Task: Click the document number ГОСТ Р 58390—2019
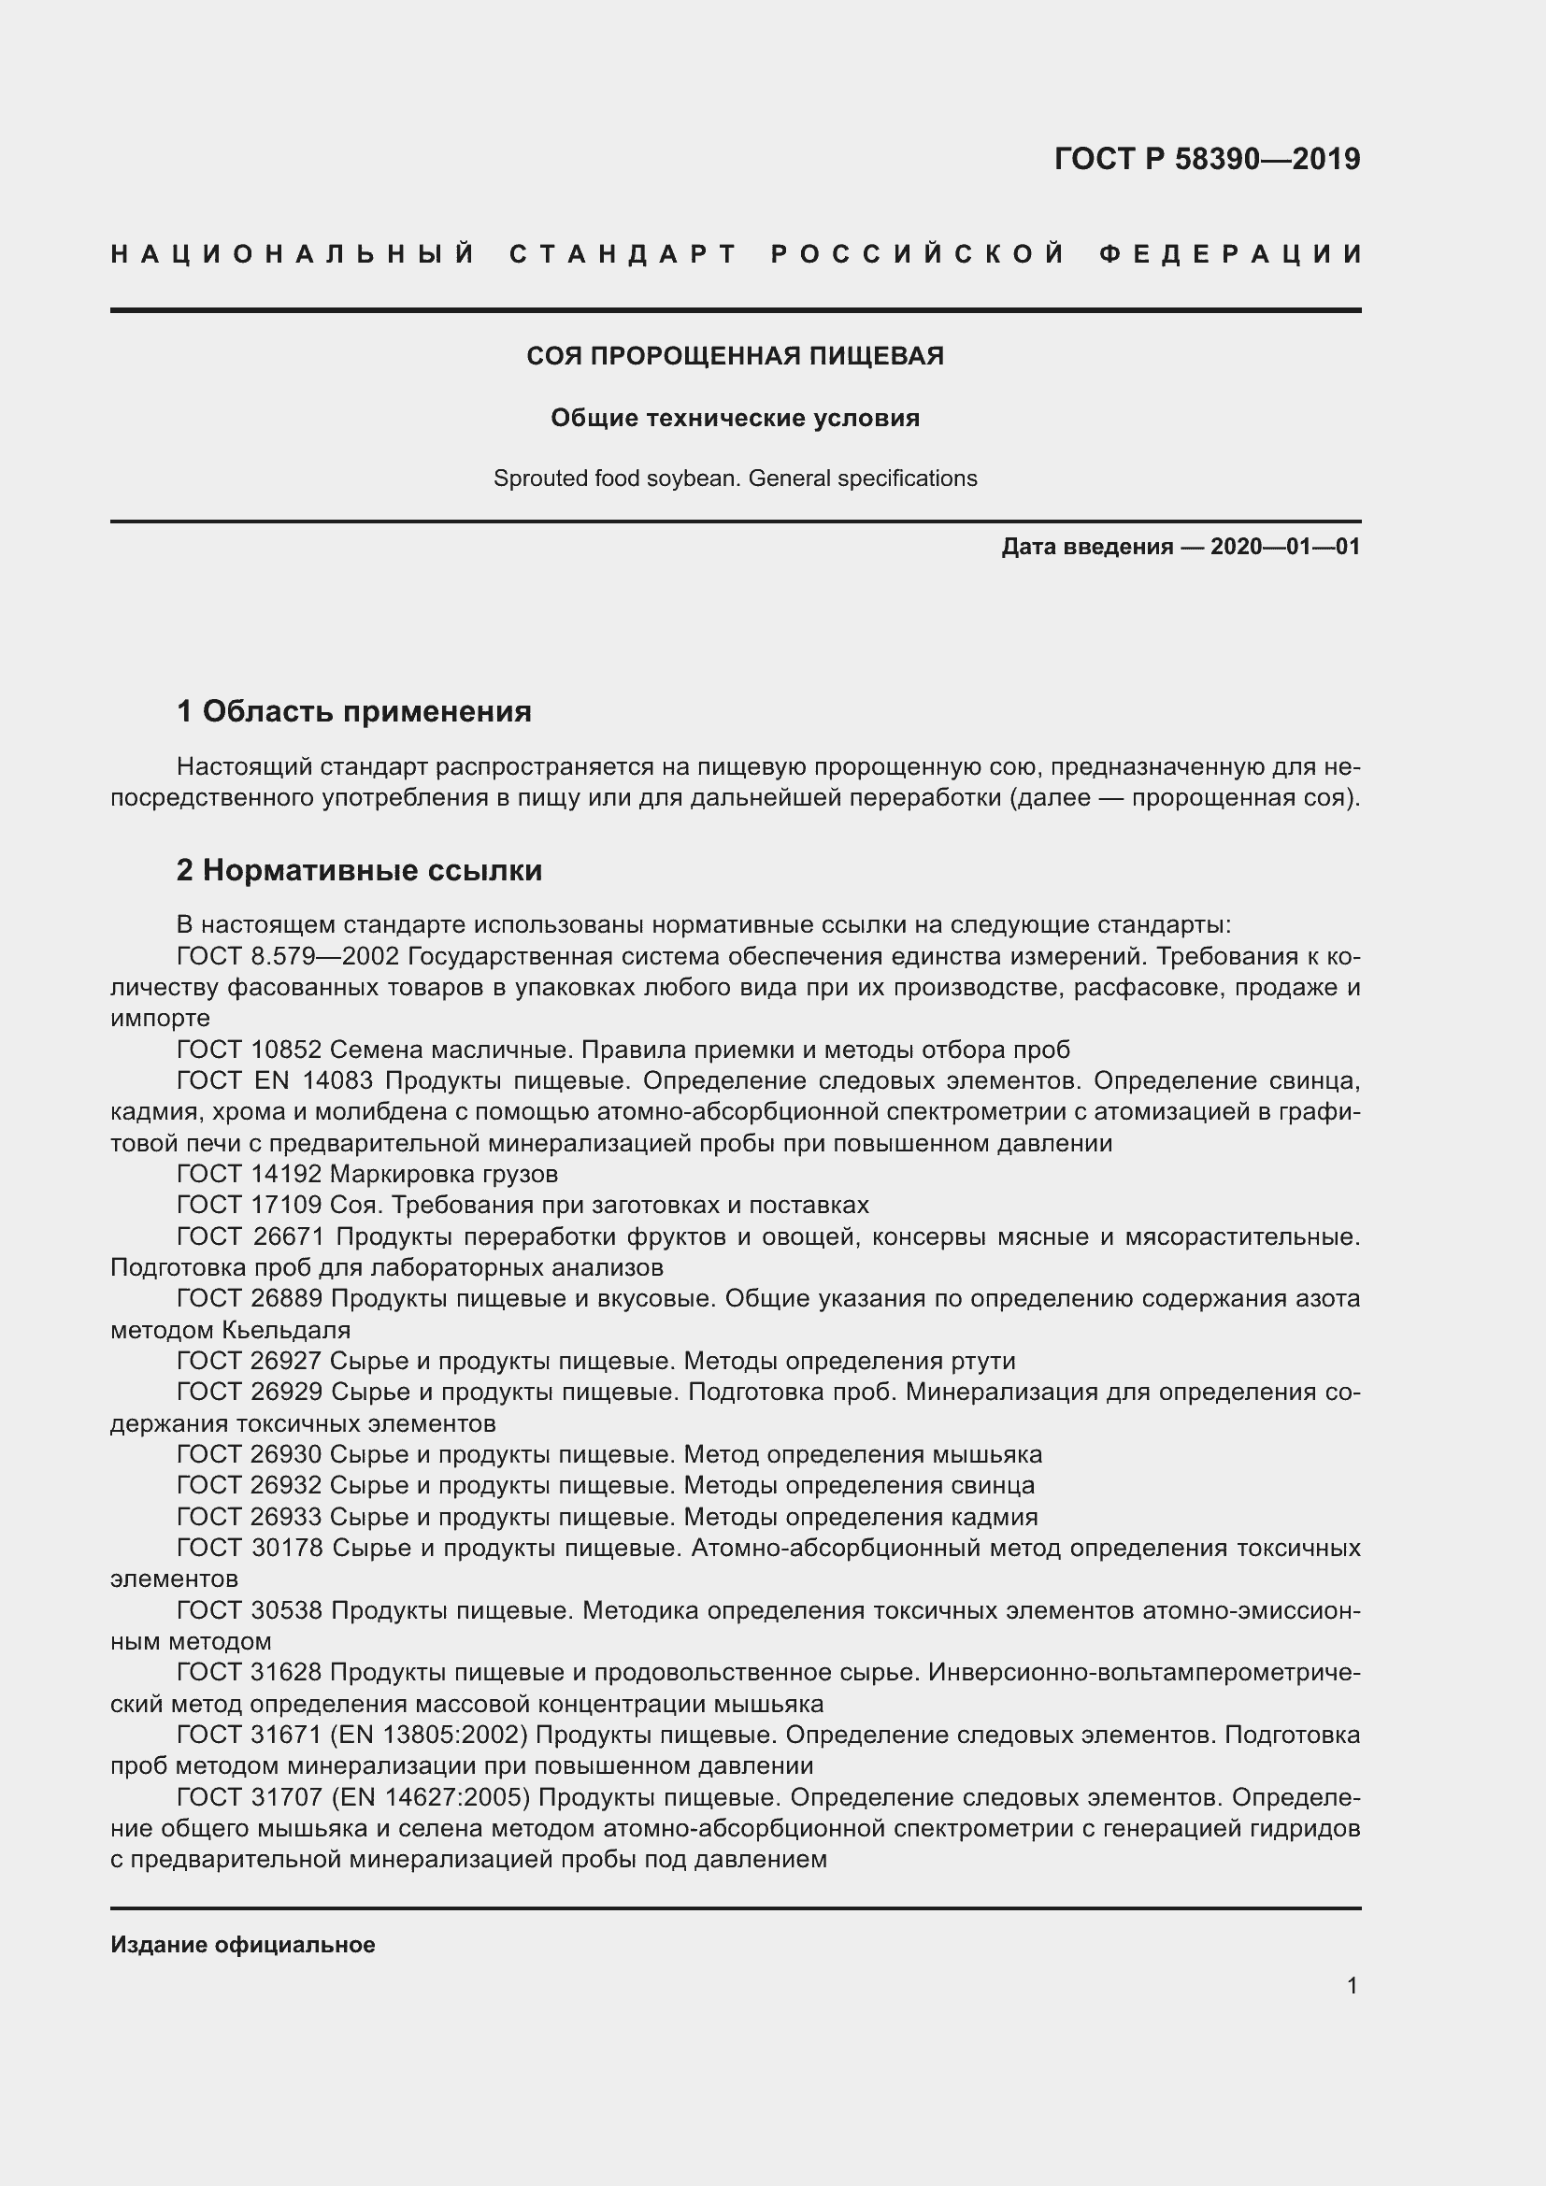click(1206, 159)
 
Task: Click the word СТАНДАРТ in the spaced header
click(623, 254)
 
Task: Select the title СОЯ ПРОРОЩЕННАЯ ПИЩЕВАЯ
click(735, 356)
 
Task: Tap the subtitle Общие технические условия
click(735, 418)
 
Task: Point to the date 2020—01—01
click(1285, 547)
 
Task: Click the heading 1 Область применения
click(354, 711)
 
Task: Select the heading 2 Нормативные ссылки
click(359, 870)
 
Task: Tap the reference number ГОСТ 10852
click(250, 1050)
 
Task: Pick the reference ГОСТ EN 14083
click(277, 1080)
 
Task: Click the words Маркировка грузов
click(444, 1174)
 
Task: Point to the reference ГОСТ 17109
click(250, 1206)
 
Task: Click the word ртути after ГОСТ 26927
click(982, 1361)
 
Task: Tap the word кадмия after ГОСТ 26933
click(994, 1517)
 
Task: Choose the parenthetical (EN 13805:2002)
click(428, 1735)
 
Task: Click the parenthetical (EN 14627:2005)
click(429, 1797)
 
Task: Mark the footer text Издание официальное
click(243, 1945)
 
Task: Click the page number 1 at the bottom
click(1352, 1986)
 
